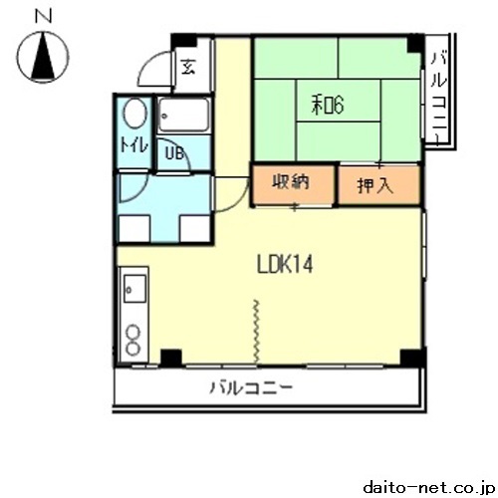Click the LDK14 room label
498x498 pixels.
tap(285, 265)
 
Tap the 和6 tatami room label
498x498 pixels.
tap(328, 105)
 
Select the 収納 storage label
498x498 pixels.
tap(291, 181)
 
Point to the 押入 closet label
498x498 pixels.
tap(375, 185)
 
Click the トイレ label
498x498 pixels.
tap(133, 145)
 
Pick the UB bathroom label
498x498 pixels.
tap(174, 153)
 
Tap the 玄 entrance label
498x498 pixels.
tap(188, 67)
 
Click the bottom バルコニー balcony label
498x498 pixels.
tap(251, 387)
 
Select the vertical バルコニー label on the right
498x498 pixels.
tap(439, 99)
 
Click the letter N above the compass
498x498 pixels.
tap(43, 16)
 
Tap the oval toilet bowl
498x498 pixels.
tap(135, 114)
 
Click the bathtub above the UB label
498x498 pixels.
tap(183, 115)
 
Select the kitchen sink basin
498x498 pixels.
tap(134, 289)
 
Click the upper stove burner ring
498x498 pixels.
tap(132, 332)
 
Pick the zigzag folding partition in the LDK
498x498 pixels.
tap(256, 331)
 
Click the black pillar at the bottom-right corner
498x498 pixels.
tap(412, 358)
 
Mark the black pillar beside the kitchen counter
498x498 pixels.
tap(171, 358)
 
